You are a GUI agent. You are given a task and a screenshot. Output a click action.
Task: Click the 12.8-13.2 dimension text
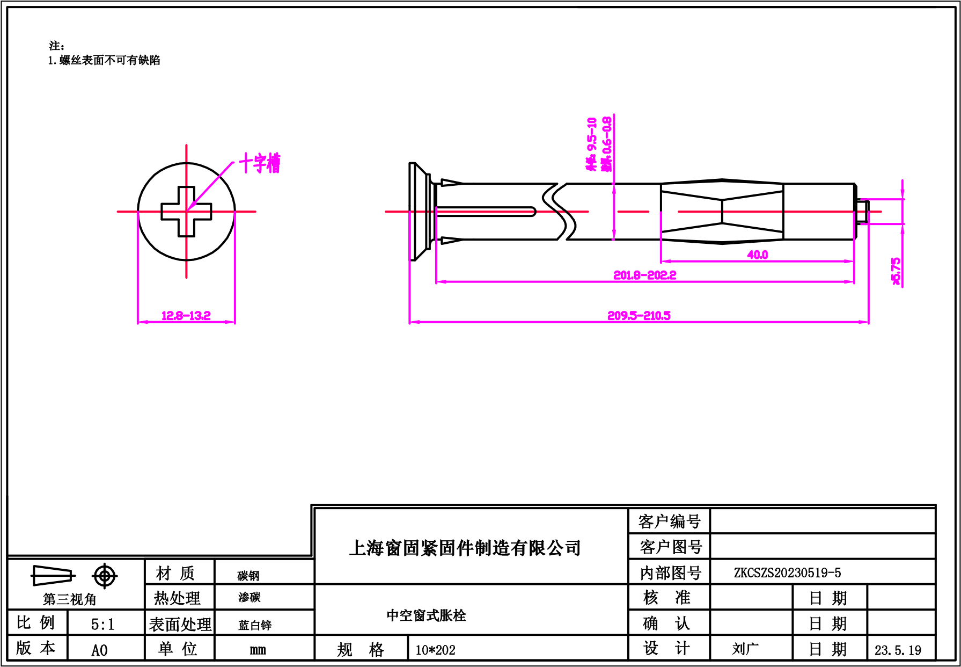[x=186, y=316]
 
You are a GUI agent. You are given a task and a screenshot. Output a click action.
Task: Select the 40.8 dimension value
[x=757, y=255]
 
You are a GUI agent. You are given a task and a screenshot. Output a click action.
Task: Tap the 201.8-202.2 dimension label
[x=644, y=275]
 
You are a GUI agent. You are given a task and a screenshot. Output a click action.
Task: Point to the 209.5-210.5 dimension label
[x=639, y=316]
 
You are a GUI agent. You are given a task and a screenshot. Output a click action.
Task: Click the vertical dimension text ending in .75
[x=896, y=271]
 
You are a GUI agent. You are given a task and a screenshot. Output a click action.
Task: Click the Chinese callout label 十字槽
[x=260, y=163]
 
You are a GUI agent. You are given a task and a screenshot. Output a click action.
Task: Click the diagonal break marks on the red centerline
[x=561, y=212]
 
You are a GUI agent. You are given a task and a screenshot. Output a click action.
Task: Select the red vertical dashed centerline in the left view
[x=186, y=247]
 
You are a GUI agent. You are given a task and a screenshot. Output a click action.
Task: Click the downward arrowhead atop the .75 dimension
[x=903, y=194]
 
